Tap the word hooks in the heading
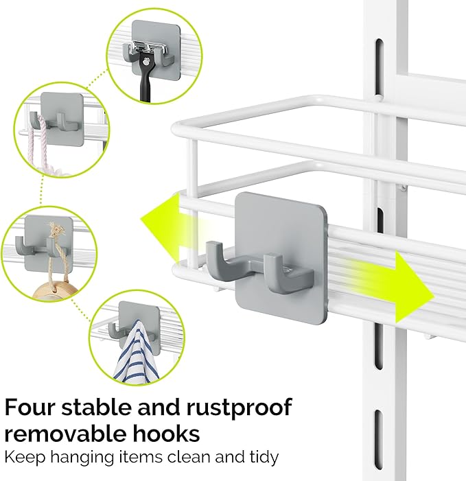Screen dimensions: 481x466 pyautogui.click(x=172, y=434)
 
